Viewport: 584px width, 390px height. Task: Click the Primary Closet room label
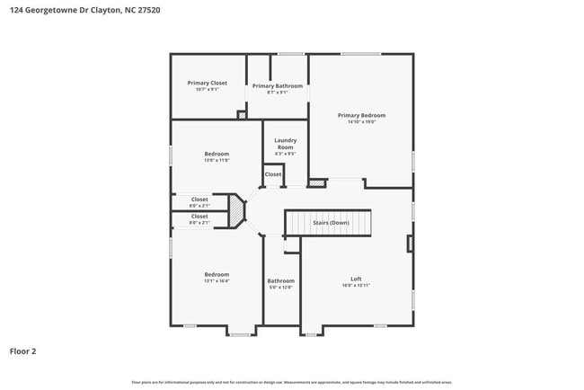click(x=208, y=83)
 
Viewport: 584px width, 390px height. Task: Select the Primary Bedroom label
click(x=361, y=115)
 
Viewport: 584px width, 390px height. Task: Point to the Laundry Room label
click(x=286, y=144)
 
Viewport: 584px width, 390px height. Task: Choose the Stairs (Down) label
click(x=331, y=222)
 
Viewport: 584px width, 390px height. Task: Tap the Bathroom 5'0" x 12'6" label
click(x=280, y=280)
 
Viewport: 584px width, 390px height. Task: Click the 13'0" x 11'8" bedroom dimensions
click(x=217, y=160)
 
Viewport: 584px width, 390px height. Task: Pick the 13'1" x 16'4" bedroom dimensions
click(x=217, y=281)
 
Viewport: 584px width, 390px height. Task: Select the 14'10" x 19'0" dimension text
click(x=361, y=121)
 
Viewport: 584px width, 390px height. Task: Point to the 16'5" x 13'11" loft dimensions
click(x=356, y=285)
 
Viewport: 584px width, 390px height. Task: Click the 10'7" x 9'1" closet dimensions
click(x=208, y=89)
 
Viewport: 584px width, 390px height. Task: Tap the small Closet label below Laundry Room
click(x=272, y=174)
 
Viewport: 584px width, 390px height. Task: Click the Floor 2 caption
click(x=23, y=351)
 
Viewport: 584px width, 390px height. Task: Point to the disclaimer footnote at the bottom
click(x=291, y=382)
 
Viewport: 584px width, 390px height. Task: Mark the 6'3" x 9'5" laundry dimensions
click(x=286, y=154)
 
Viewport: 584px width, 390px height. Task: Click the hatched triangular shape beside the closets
click(x=236, y=211)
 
